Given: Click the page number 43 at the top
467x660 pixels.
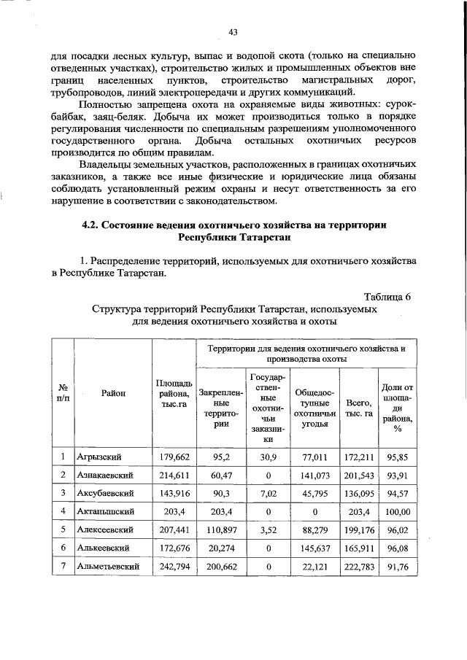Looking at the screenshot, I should [233, 32].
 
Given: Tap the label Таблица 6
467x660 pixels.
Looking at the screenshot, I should [387, 296].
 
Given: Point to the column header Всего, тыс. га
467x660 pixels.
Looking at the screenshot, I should [359, 408].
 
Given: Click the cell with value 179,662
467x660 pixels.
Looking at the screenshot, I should [174, 457].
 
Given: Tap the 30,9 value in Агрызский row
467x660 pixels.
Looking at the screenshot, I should [269, 457].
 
